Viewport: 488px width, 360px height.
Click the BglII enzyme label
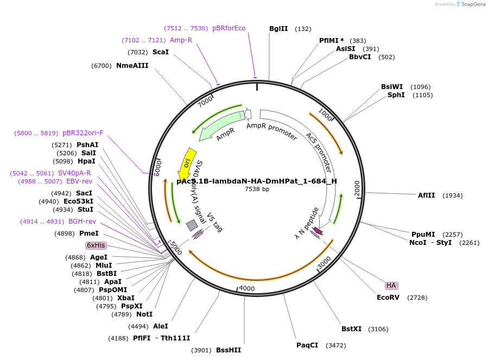pos(278,29)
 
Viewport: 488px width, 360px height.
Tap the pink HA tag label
pos(391,286)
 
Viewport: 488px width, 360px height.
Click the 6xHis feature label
pos(96,245)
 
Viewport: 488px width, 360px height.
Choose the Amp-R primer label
pos(181,40)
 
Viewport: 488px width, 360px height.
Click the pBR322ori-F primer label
pos(83,133)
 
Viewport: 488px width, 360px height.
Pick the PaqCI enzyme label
pos(307,345)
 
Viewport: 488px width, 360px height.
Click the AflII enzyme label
pos(426,195)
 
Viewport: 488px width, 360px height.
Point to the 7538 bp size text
pos(257,189)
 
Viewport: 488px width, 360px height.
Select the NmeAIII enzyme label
pos(132,66)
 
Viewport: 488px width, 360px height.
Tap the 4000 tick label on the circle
pos(246,288)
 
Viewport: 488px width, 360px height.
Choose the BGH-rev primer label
pos(82,222)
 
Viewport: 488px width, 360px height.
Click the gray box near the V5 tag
pos(192,225)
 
